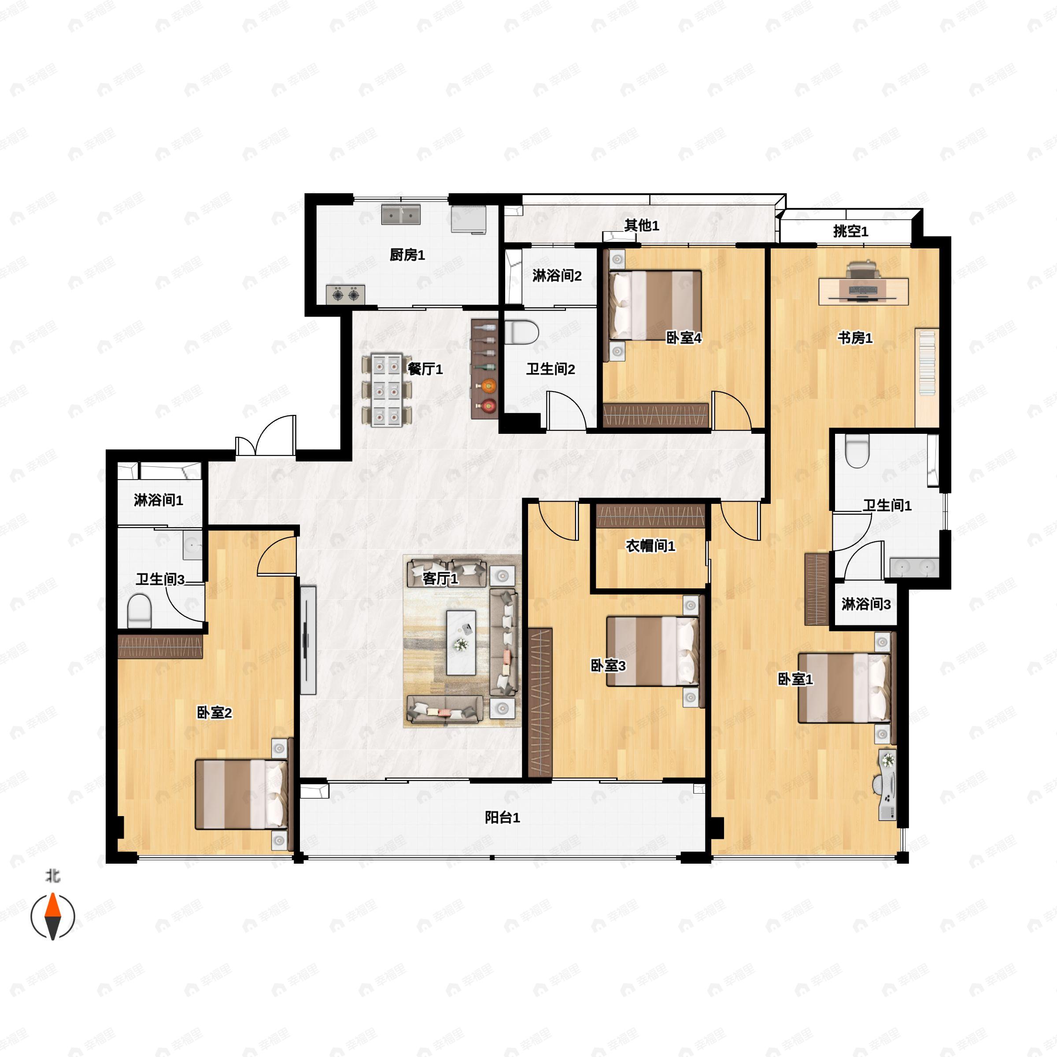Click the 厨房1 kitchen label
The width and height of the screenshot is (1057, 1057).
click(x=407, y=255)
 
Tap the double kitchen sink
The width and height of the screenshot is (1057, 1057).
click(x=401, y=215)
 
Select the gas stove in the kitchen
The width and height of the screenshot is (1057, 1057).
click(x=346, y=294)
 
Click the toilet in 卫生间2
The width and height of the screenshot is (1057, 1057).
click(x=521, y=332)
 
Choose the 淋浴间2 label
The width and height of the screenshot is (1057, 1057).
click(x=557, y=276)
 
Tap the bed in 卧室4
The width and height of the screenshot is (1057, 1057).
click(x=655, y=305)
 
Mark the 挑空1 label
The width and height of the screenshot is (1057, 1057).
click(x=851, y=231)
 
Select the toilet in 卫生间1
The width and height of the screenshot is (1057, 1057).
click(x=857, y=451)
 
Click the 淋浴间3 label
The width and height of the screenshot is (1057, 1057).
click(x=866, y=604)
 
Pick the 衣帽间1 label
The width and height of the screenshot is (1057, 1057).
click(x=650, y=546)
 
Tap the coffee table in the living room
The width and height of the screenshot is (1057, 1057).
click(x=461, y=643)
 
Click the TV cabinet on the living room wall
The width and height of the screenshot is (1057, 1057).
click(x=308, y=640)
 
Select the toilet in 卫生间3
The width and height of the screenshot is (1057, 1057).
click(x=139, y=612)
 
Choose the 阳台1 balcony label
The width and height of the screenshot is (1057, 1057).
click(x=502, y=817)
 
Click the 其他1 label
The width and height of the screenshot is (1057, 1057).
click(x=642, y=225)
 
